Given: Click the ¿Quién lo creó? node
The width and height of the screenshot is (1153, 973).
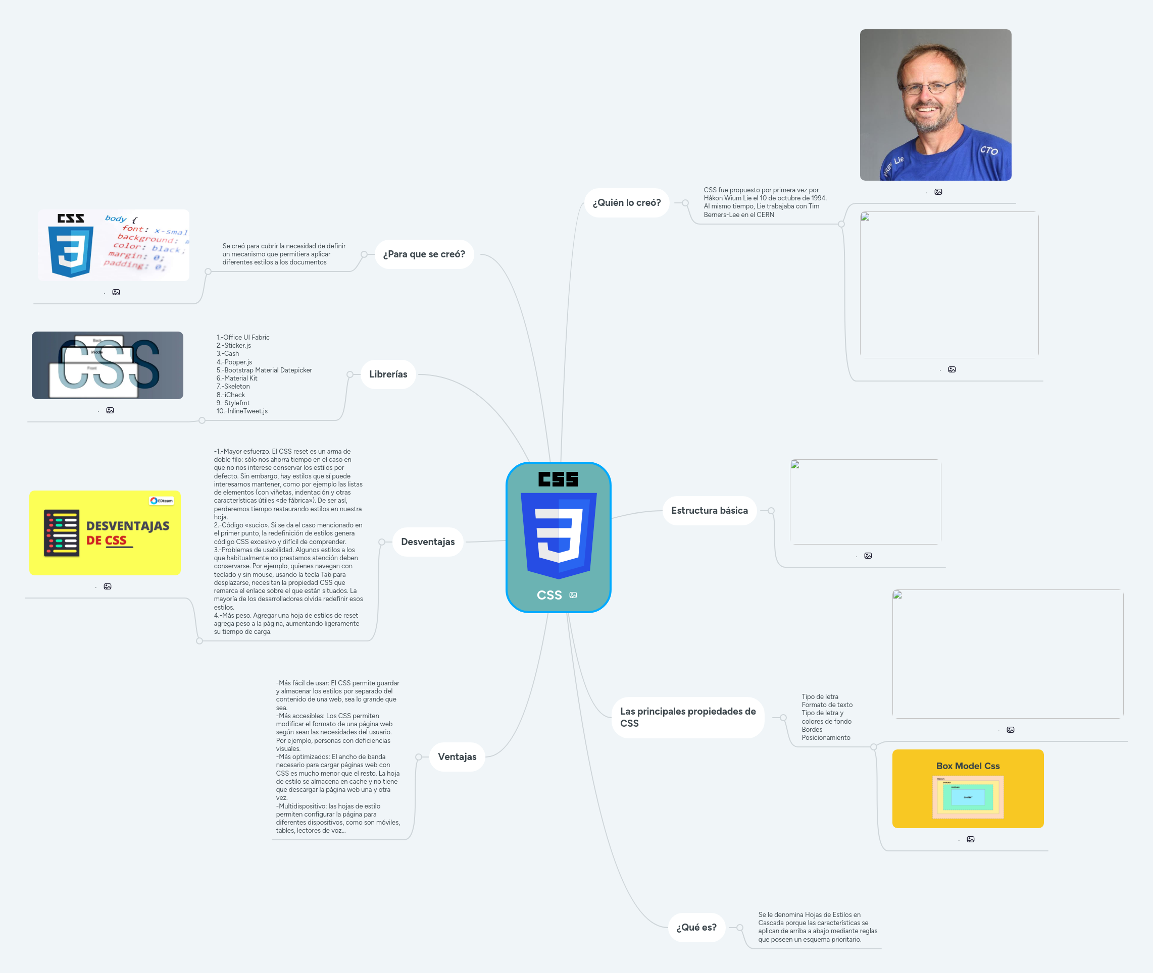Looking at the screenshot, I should tap(626, 203).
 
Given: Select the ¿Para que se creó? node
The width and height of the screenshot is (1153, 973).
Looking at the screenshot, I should tap(424, 254).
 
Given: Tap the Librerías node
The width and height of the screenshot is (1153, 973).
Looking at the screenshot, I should tap(388, 374).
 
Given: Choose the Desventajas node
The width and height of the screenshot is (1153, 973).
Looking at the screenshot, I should tap(428, 542).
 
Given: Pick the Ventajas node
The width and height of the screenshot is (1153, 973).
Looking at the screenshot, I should tap(457, 757).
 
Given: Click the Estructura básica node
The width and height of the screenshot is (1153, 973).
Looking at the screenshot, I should tap(709, 511).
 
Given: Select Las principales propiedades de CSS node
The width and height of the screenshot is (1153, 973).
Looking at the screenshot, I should tap(688, 718).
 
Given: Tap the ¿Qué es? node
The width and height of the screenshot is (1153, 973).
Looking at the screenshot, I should tap(696, 928).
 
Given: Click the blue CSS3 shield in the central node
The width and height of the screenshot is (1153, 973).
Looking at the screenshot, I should tap(559, 534).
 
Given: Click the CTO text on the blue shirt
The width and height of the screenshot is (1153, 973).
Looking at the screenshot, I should tap(988, 150).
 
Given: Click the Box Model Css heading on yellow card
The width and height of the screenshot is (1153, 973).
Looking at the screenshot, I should tap(968, 766).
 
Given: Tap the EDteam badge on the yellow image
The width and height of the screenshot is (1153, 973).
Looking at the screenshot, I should tap(161, 501).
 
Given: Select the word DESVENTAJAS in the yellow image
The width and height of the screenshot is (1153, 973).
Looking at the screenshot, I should tap(127, 526).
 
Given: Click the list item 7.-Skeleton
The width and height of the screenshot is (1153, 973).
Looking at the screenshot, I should tap(233, 387).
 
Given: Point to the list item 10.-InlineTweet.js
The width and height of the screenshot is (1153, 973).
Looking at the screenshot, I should tap(242, 411).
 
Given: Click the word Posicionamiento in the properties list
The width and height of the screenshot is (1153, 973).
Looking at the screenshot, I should tap(826, 738).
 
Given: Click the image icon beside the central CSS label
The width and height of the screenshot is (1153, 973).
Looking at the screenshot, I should tap(573, 595).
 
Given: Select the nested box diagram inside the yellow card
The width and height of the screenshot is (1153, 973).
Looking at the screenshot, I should tap(968, 797).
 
